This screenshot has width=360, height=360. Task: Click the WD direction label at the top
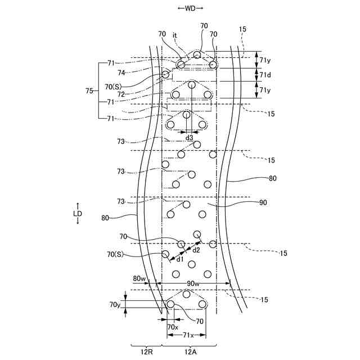190,8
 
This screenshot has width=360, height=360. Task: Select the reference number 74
121,73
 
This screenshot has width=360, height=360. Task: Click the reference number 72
121,94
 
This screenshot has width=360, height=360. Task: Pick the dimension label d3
189,138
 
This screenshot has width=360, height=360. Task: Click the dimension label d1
179,259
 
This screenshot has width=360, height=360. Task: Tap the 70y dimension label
115,304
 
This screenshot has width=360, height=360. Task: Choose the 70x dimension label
173,327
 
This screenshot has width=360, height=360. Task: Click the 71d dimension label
264,74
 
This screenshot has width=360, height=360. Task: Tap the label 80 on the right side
272,179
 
